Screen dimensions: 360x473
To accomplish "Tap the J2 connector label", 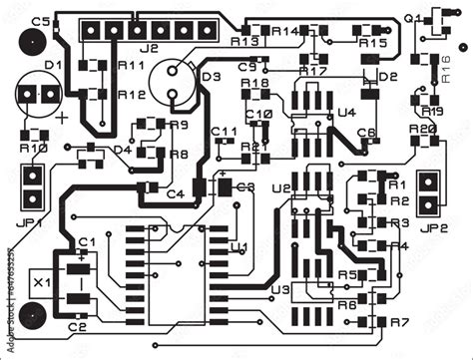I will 150,47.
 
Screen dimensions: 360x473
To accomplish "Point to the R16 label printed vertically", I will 445,70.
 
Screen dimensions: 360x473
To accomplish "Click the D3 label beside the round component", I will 212,77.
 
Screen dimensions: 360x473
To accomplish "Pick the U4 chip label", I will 346,113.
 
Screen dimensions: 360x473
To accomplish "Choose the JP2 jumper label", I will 433,228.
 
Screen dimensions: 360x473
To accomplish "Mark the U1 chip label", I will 239,245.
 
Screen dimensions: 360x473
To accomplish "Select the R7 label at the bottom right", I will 399,322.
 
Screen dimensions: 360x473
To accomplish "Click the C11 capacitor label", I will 225,132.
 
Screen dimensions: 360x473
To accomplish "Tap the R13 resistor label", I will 243,42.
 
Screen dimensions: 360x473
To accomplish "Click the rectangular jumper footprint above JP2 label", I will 430,193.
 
